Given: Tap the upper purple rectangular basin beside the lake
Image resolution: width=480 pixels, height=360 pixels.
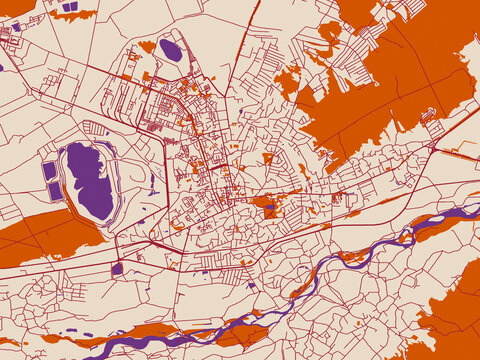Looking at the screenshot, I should coord(50,170).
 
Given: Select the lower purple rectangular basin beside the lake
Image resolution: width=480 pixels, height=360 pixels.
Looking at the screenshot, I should coord(54,190).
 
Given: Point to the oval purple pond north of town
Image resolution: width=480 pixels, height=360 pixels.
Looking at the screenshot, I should coord(171,50).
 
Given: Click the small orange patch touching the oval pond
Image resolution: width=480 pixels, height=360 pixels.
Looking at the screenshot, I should coord(148,46).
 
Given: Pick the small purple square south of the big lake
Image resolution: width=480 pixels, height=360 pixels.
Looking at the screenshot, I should coord(117,267).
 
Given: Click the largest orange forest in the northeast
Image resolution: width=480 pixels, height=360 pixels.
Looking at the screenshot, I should coord(400,75).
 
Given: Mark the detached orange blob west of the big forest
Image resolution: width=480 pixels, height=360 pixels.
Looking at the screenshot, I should coord(289,80).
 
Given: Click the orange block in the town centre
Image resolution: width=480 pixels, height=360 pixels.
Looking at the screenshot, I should coord(267,207).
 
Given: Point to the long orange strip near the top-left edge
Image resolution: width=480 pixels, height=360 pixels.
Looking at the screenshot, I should coord(75,15).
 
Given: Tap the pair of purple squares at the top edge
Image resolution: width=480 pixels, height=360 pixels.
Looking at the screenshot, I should coord(69,7).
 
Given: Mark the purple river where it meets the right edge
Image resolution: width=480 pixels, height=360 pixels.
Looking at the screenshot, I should coord(474,211).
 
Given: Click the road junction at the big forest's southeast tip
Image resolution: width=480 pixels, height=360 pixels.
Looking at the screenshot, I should coord(432,147).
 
